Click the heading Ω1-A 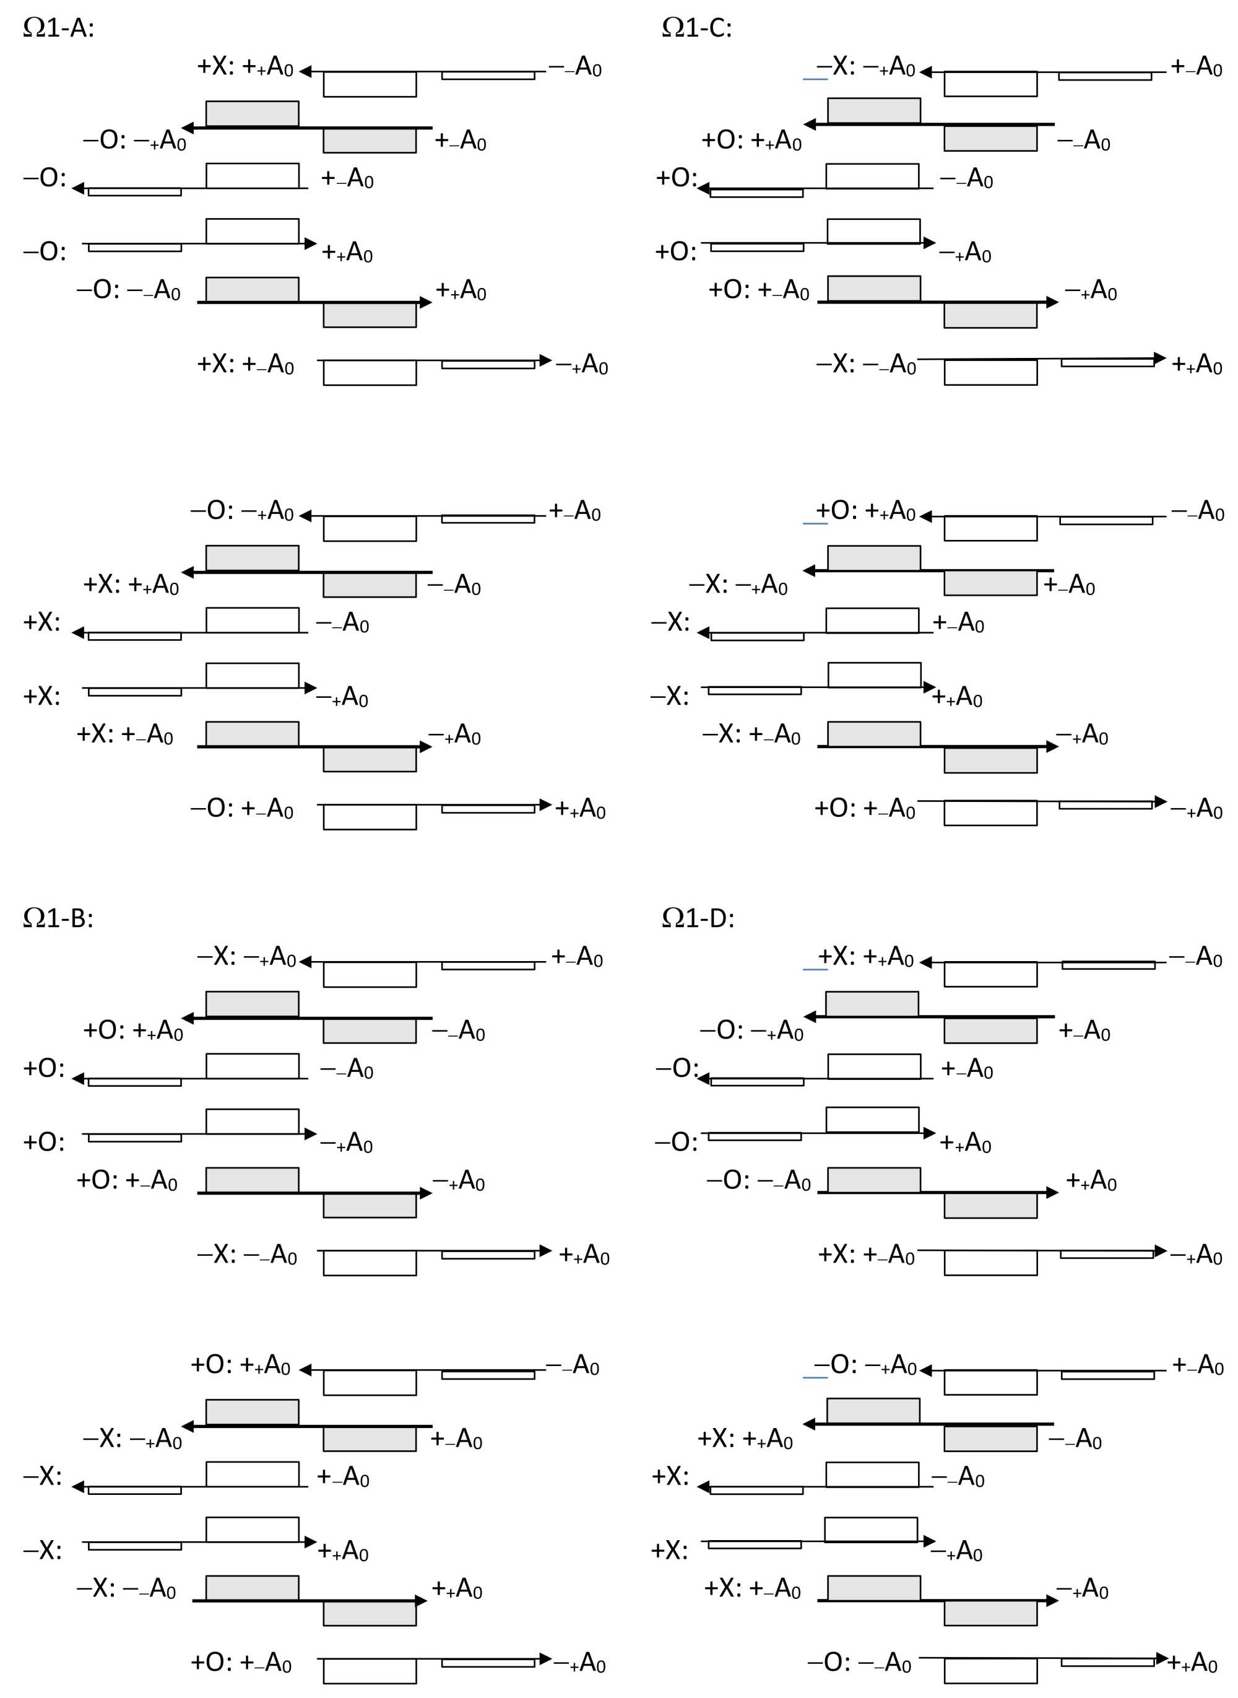tap(58, 28)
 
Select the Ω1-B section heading tap(58, 918)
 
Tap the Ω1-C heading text tap(697, 28)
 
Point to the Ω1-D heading tap(698, 918)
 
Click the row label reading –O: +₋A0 tap(241, 808)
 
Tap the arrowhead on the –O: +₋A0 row tap(545, 805)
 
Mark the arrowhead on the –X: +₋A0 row tap(1052, 746)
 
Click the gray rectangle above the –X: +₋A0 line tap(874, 734)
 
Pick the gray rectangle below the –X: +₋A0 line tap(990, 759)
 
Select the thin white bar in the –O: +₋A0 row tap(488, 809)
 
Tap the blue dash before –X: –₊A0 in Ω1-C tap(815, 78)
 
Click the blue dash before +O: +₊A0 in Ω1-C tap(815, 523)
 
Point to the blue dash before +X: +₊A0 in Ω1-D tap(815, 969)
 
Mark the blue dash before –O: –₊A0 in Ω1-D tap(815, 1377)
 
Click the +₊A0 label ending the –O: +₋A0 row tap(580, 809)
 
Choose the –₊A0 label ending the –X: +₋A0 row tap(1081, 734)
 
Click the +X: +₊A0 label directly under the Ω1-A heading tap(245, 66)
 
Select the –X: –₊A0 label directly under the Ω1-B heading tap(246, 957)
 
